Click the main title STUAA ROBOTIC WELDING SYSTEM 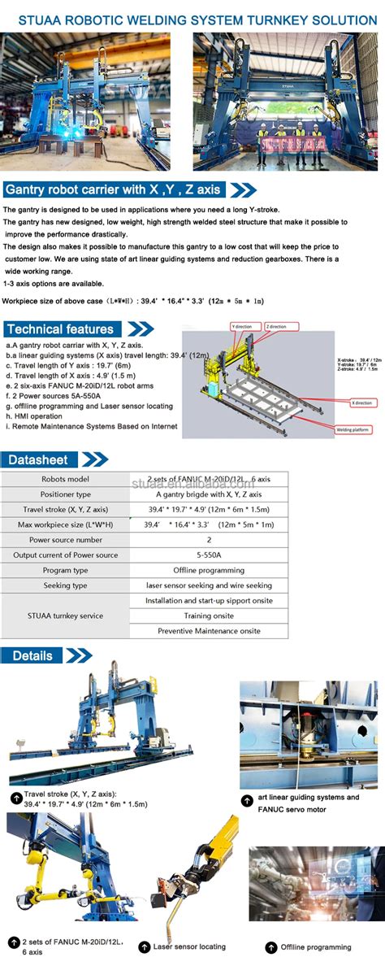tap(192, 19)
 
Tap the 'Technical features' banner tap(61, 329)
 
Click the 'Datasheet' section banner tap(39, 460)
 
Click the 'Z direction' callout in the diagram tap(276, 325)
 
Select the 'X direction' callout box tap(361, 402)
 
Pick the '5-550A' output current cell tap(209, 555)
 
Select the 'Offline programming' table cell tap(209, 570)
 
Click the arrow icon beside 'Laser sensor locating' tap(144, 946)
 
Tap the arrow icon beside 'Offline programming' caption tap(270, 946)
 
